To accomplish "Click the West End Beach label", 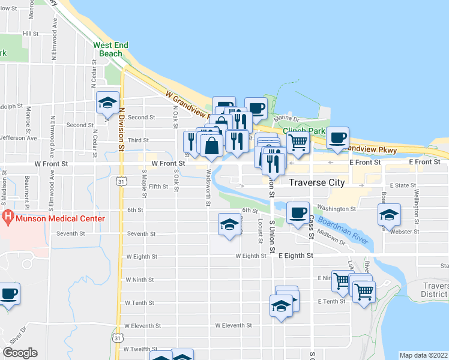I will click(x=108, y=49).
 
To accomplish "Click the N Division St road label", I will click(x=121, y=129).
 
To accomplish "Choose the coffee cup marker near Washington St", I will click(x=298, y=212).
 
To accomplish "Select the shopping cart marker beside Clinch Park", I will click(x=298, y=142).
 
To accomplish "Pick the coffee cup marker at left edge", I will click(x=8, y=294).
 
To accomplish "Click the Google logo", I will click(x=20, y=352).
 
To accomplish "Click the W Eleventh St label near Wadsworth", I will click(x=237, y=326).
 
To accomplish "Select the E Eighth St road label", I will click(x=296, y=256).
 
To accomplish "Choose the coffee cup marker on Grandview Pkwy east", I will click(x=338, y=138).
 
